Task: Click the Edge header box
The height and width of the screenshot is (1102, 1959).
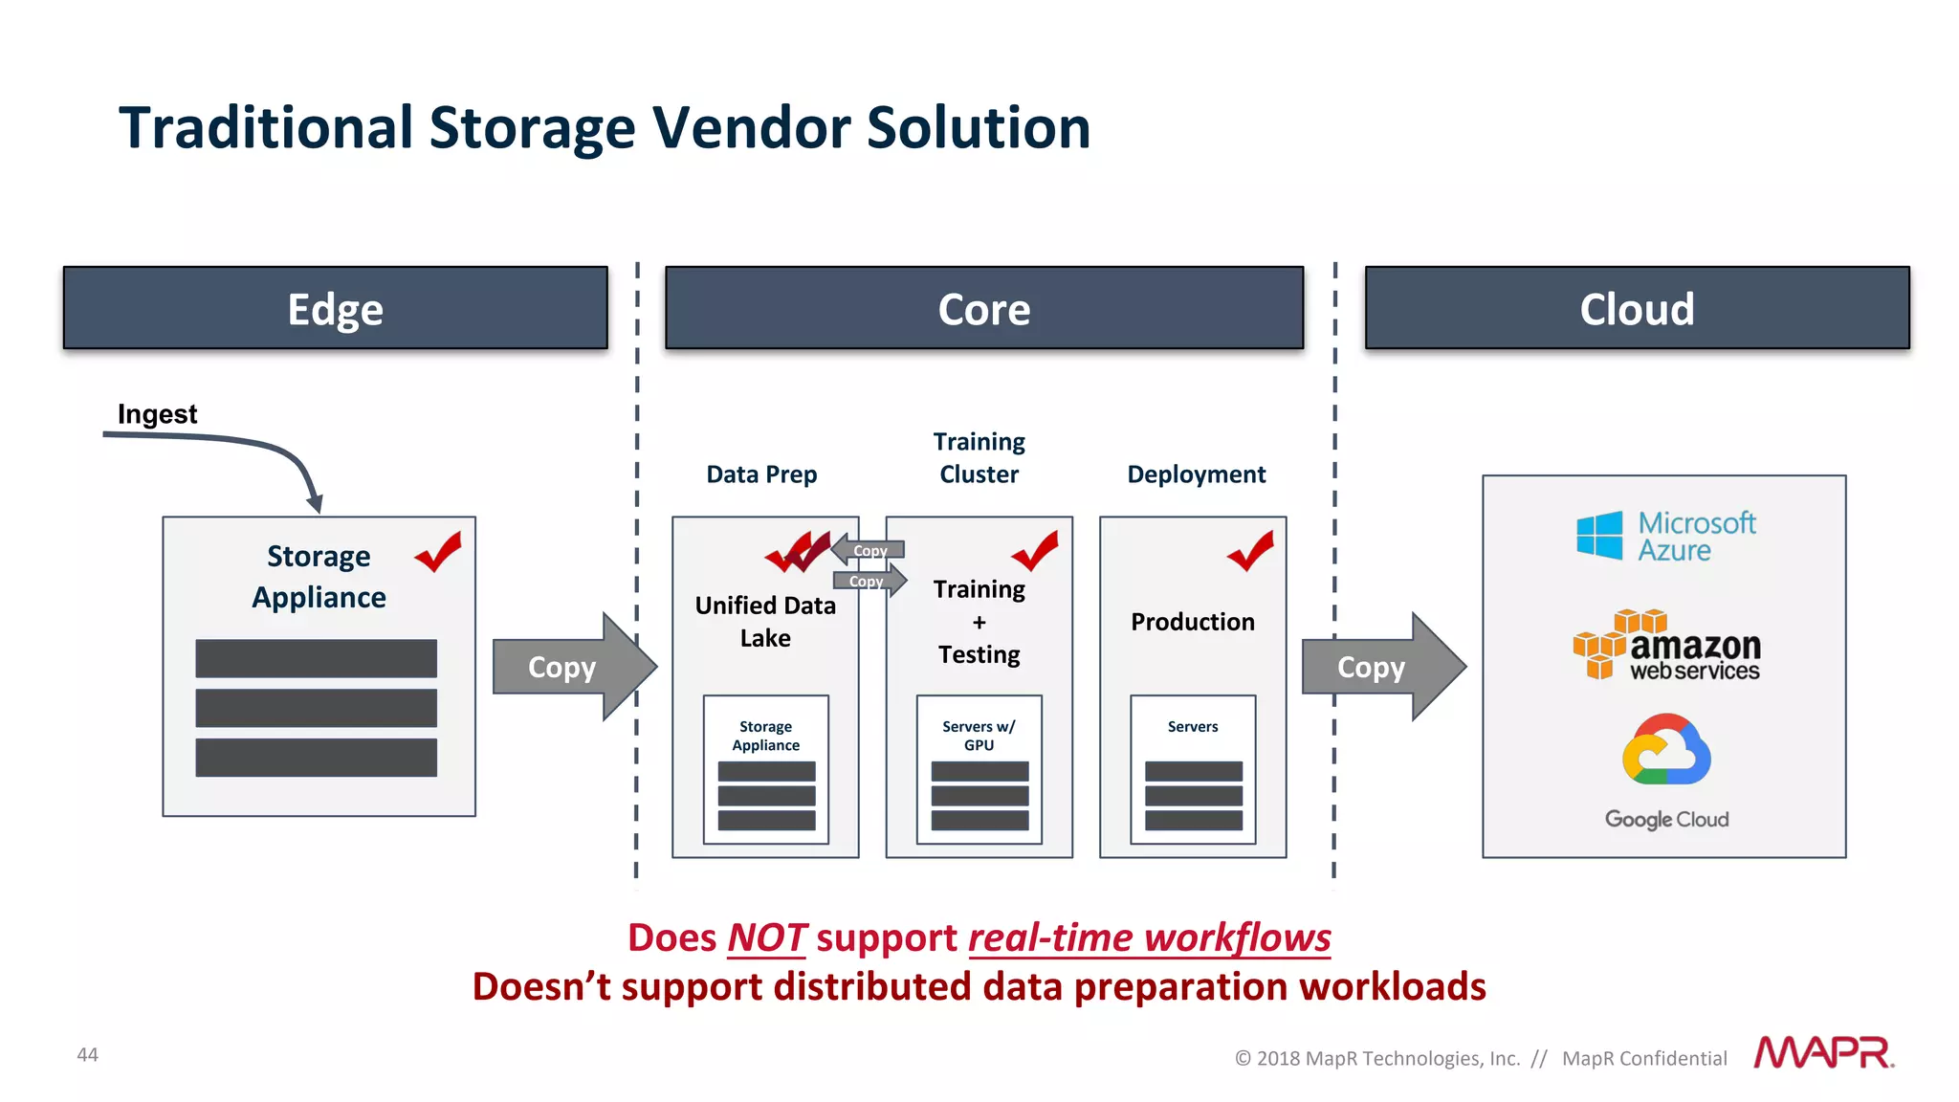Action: pyautogui.click(x=335, y=308)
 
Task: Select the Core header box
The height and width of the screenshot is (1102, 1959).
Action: pyautogui.click(x=983, y=308)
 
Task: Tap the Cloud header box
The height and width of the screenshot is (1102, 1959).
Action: pyautogui.click(x=1637, y=308)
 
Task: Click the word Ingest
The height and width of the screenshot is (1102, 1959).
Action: pyautogui.click(x=157, y=413)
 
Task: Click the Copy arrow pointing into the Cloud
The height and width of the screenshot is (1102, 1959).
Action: pyautogui.click(x=1381, y=667)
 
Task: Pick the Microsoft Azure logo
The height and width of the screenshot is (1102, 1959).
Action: pyautogui.click(x=1665, y=536)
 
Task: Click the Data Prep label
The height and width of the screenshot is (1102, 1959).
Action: pyautogui.click(x=761, y=474)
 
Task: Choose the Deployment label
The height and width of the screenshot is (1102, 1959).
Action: pyautogui.click(x=1196, y=474)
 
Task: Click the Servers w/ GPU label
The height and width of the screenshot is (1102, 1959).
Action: pyautogui.click(x=979, y=735)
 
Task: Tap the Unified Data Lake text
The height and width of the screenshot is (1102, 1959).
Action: pyautogui.click(x=765, y=621)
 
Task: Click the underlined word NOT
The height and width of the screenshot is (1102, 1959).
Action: pyautogui.click(x=766, y=937)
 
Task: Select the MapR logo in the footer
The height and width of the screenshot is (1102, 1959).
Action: pyautogui.click(x=1823, y=1053)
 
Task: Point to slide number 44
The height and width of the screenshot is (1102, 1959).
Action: pyautogui.click(x=87, y=1054)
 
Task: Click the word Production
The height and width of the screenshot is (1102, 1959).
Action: pyautogui.click(x=1192, y=622)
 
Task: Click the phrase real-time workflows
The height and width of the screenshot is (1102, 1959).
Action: pyautogui.click(x=1149, y=937)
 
